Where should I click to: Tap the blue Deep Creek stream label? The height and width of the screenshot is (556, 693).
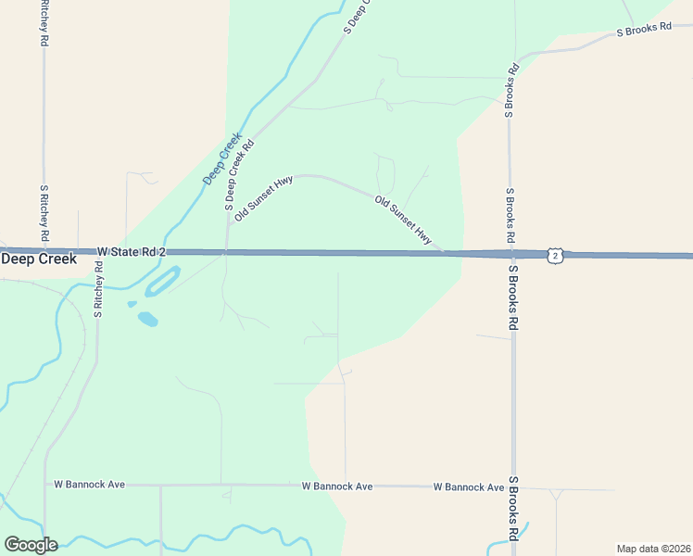(x=222, y=157)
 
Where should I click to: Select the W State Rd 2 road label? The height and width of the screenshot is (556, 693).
(x=131, y=252)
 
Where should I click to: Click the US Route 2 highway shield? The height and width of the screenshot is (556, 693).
(x=554, y=255)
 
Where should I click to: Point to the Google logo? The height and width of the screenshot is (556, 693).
(x=31, y=544)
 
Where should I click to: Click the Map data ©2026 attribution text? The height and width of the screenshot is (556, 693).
(x=653, y=548)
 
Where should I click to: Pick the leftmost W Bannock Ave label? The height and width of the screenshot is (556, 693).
(x=89, y=485)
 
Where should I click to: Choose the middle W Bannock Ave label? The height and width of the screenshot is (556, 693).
(x=337, y=486)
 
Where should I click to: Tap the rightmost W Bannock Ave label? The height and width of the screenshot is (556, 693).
(x=469, y=487)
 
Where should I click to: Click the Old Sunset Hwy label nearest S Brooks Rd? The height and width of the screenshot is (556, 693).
(x=403, y=220)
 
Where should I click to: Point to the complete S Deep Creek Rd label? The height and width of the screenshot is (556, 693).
(x=239, y=174)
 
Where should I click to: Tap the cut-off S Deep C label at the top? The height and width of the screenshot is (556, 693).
(x=356, y=17)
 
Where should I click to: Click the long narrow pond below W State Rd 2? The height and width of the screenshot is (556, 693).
(x=162, y=281)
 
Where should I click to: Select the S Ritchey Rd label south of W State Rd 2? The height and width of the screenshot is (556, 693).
(x=98, y=289)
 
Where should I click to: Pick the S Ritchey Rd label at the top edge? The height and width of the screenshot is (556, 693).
(x=44, y=23)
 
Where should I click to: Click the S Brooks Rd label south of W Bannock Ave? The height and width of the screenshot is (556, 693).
(x=512, y=509)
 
